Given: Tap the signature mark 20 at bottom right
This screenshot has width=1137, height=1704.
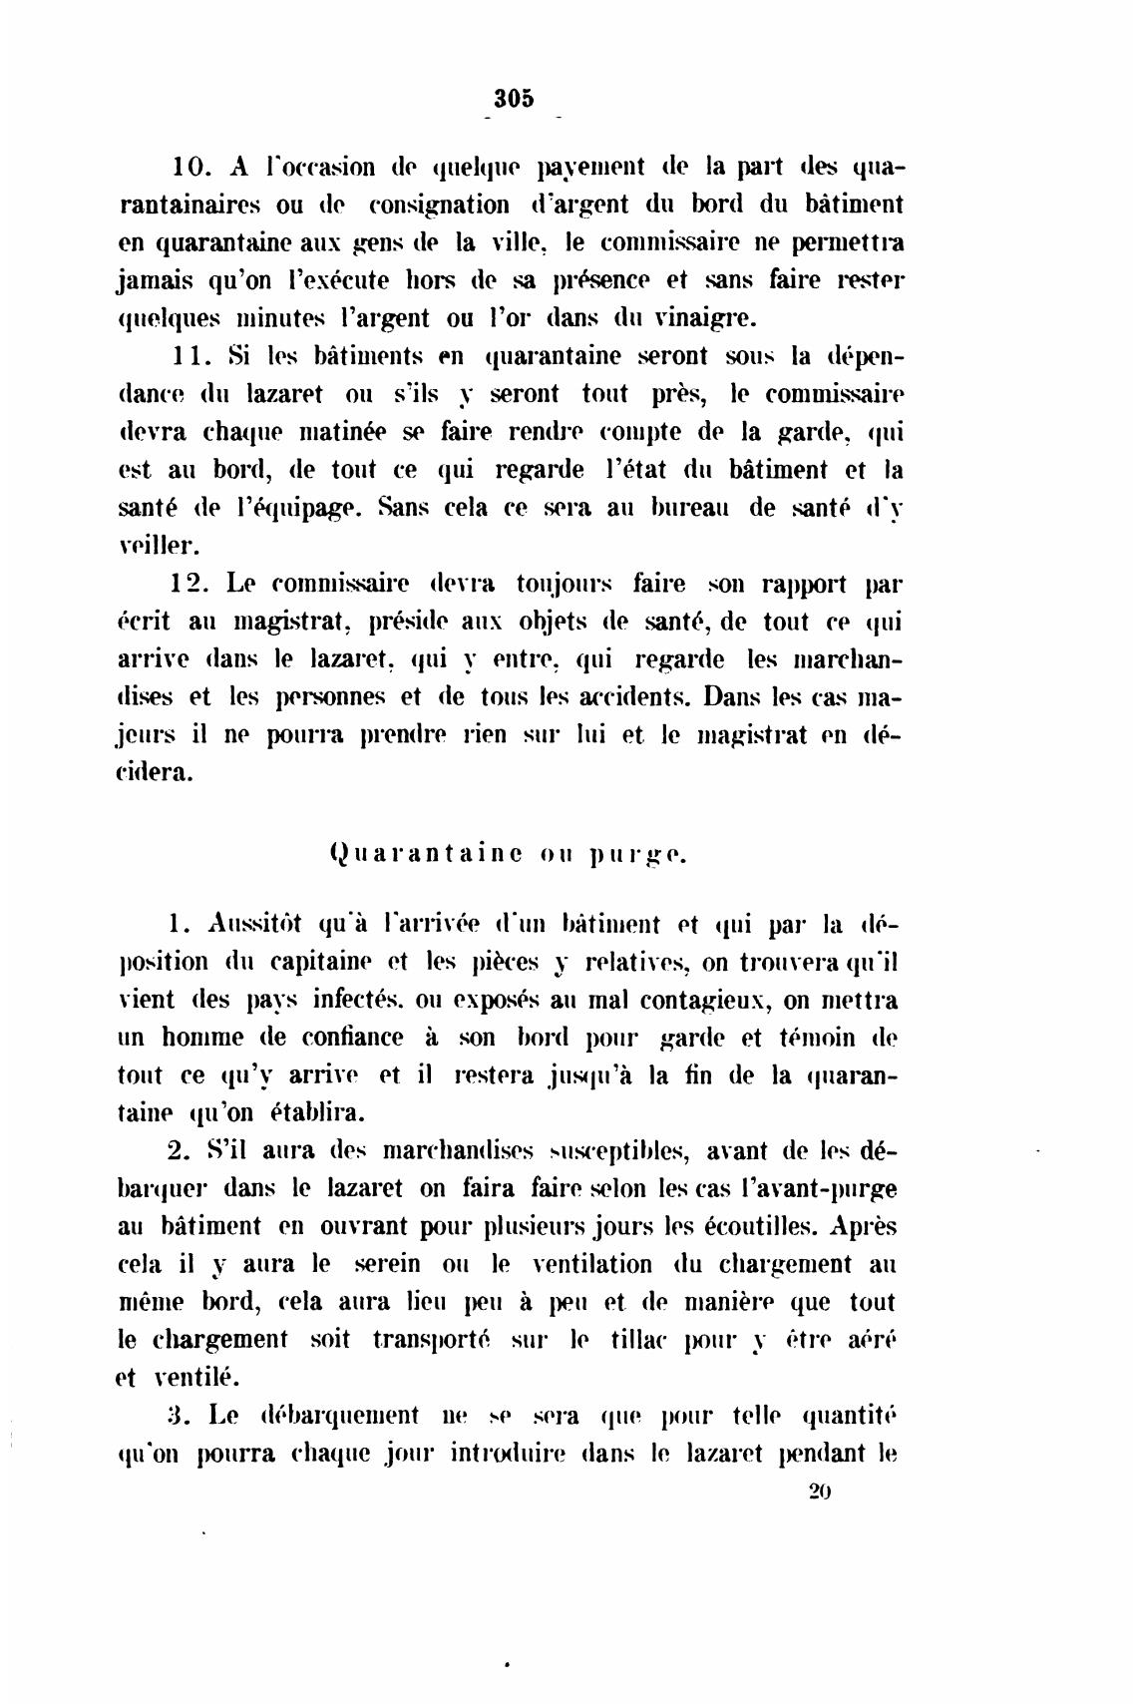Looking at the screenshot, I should click(820, 1491).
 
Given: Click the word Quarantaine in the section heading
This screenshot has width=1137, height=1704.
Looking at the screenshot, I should click(424, 854).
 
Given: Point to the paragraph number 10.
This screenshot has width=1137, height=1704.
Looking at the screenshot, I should click(188, 167).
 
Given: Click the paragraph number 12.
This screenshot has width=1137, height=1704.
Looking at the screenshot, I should click(188, 584).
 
